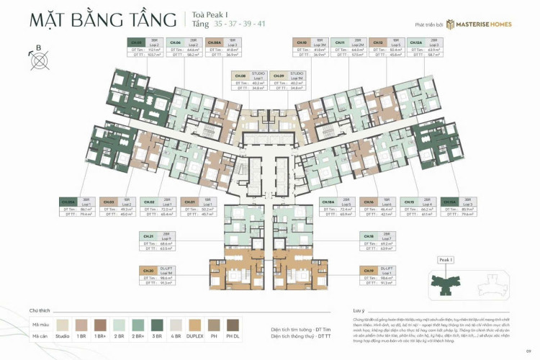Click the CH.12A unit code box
[415, 42]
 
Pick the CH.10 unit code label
[302, 42]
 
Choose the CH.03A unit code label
[69, 202]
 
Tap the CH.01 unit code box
[189, 202]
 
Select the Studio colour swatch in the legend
[63, 324]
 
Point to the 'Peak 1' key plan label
[446, 259]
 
